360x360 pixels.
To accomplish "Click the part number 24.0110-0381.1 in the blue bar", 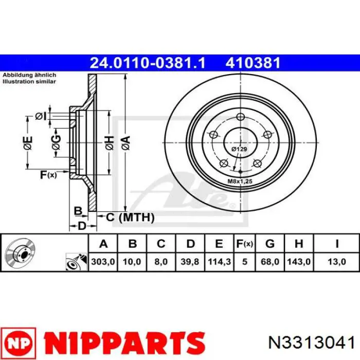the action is coord(148,63).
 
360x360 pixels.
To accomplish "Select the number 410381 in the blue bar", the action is coord(253,63).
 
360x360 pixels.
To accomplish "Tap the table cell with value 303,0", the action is coord(103,261).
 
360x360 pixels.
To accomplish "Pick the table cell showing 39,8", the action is coord(190,261).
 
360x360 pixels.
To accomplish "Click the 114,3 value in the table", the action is coord(219,261).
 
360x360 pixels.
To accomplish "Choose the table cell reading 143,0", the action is coord(299,261).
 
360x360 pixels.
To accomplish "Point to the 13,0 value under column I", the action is coord(336,261).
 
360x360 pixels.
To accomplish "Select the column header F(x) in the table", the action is coord(244,243).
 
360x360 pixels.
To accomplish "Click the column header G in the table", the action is coord(270,243).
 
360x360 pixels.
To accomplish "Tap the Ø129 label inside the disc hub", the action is coord(239,149).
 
